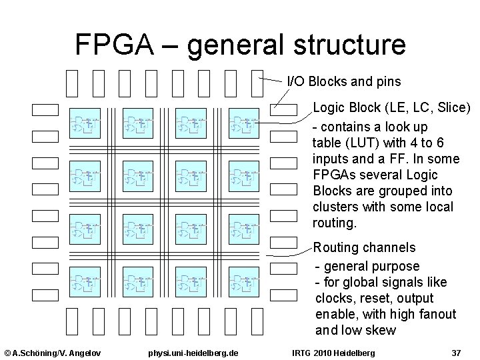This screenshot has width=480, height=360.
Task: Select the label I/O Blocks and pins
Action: click(x=343, y=81)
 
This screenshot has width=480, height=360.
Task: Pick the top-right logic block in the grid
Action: click(x=244, y=123)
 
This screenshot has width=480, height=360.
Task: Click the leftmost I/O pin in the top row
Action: click(x=72, y=83)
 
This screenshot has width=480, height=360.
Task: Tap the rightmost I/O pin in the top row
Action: click(x=257, y=83)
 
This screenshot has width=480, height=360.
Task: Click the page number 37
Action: click(x=456, y=352)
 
